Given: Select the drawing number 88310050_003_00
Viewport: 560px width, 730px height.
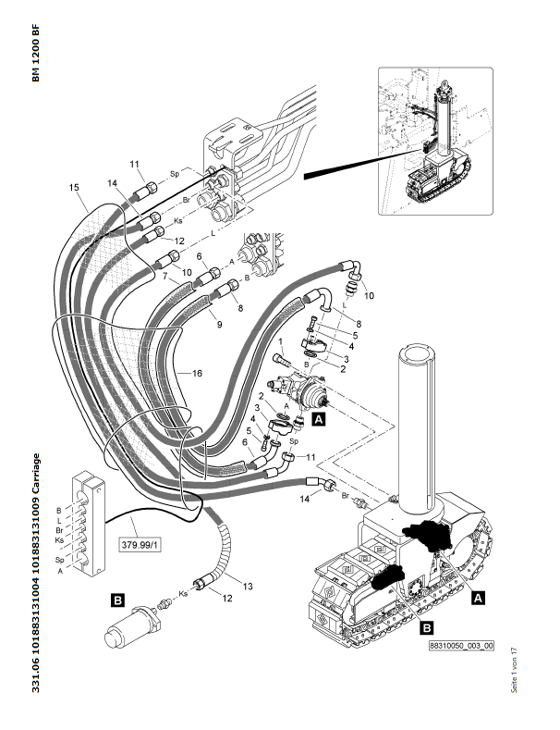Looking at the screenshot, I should coord(460,648).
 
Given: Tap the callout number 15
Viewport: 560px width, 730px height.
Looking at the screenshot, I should coord(75,188).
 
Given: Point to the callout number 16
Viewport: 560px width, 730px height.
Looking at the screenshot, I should coord(196,372).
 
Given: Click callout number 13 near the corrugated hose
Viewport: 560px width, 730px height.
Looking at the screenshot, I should coord(248,586).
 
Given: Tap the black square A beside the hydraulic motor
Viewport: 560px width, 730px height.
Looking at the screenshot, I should coord(319,419).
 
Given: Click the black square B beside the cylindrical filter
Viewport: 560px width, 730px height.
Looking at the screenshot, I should coord(118,600).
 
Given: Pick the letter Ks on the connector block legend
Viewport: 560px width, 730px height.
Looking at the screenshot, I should coord(59,540).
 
